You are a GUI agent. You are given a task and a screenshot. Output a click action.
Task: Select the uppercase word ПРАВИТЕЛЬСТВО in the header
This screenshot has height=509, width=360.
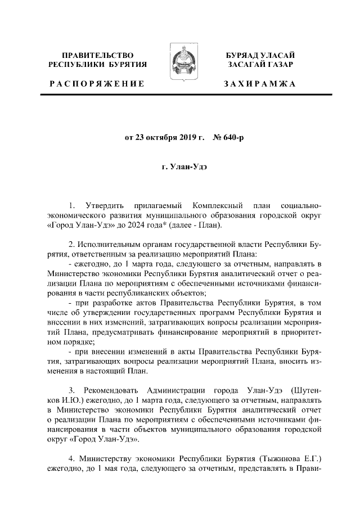(x=97, y=55)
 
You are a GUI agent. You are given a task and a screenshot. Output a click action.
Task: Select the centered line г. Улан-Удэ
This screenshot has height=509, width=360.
(x=179, y=167)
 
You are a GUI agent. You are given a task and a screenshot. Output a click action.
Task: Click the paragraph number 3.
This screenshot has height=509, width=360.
(x=71, y=389)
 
